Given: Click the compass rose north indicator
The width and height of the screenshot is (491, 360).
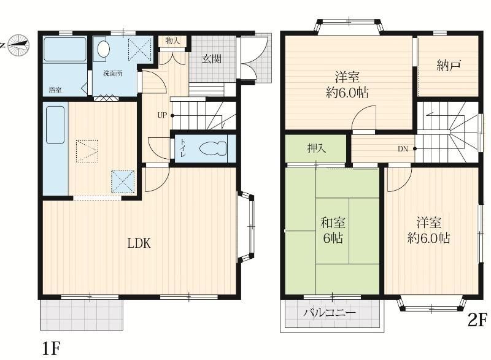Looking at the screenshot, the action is point(18,45).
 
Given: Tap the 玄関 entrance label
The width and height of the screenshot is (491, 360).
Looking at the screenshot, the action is point(212,58).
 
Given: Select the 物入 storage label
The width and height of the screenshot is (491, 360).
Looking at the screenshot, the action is point(172,40).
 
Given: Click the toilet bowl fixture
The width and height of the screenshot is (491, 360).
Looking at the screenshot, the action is point(213,148).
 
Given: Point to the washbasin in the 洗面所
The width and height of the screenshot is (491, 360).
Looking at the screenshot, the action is point(103,49).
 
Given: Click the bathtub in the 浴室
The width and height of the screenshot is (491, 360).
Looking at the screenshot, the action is point(65,50).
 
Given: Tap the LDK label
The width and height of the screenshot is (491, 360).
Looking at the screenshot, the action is point(139,243).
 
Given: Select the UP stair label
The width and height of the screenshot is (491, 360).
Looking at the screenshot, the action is point(162,115).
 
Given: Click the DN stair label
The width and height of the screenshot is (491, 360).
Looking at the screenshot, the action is point(403,149).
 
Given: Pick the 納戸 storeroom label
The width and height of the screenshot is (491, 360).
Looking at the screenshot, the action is point(449,66).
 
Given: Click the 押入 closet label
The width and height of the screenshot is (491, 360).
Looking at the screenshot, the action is point(317,148).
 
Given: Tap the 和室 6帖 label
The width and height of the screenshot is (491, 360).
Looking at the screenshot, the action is point(333,231).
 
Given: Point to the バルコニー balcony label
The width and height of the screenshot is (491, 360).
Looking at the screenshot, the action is point(330,313).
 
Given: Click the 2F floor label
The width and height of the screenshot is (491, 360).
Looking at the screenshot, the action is point(477,320).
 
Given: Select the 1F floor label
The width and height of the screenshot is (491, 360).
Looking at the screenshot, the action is point(51,348).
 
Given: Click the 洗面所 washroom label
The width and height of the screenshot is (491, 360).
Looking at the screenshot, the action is point(113,74).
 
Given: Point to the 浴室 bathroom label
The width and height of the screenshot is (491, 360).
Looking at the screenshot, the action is point(55,90).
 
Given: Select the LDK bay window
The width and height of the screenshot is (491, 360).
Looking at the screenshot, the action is point(246,228).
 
